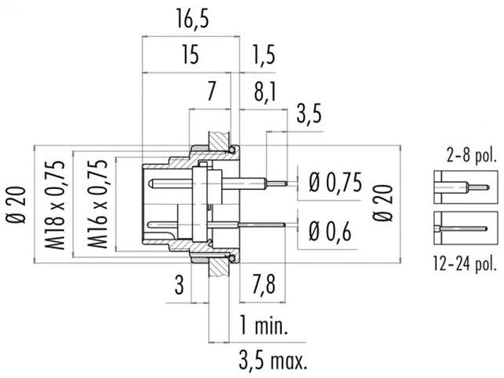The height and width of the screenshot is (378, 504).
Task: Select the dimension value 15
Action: point(189,55)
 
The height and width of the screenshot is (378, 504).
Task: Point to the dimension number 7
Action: point(211,93)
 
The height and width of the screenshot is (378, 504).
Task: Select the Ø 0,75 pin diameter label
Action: point(335,183)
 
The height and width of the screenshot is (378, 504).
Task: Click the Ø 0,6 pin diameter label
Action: point(329,230)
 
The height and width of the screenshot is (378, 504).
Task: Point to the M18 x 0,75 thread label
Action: point(55,202)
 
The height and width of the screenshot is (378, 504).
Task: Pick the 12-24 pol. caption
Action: point(464,264)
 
